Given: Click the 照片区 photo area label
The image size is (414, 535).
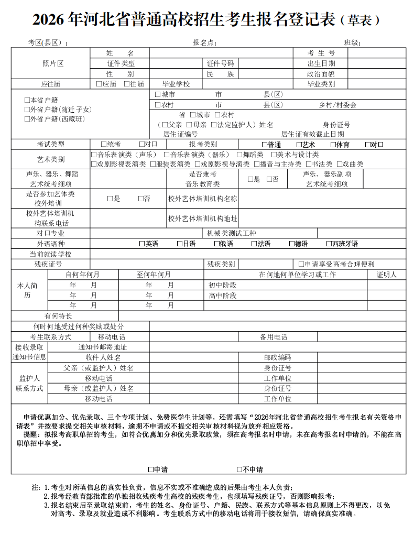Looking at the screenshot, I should tap(52, 63).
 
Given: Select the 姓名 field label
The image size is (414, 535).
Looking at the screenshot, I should tap(120, 53).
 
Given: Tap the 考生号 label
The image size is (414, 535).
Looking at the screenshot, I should tap(321, 53).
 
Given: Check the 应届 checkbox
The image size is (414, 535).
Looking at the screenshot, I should tap(99, 84).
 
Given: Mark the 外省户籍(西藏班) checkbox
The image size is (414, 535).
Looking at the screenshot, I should tap(27, 119).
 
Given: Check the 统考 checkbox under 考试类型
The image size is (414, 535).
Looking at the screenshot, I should tap(104, 145).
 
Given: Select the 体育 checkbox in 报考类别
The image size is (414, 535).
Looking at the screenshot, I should tap(333, 145).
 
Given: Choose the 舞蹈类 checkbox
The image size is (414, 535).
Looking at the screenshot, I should tap(239, 155).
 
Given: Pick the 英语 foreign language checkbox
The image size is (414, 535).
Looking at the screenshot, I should tap(142, 244).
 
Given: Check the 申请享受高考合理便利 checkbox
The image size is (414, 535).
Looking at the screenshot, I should tap(301, 264).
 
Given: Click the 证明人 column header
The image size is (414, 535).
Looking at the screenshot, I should tap(386, 275).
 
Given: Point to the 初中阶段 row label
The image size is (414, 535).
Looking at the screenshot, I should tap(222, 285).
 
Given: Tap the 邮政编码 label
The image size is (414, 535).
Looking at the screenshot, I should tap(277, 357).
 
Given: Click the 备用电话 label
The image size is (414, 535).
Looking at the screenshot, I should tap(274, 337).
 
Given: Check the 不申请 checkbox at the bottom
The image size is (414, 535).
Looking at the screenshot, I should tap(239, 470).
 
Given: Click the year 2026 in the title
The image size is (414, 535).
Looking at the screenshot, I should tap(49, 20).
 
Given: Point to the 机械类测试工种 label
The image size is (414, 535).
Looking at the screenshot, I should tap(231, 233).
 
